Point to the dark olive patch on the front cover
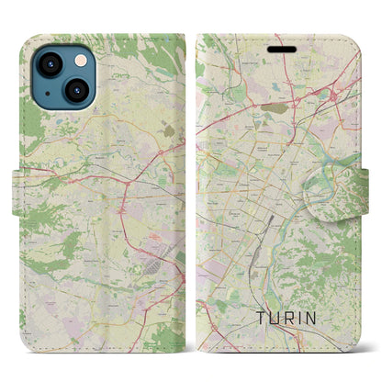pos(273,107)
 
